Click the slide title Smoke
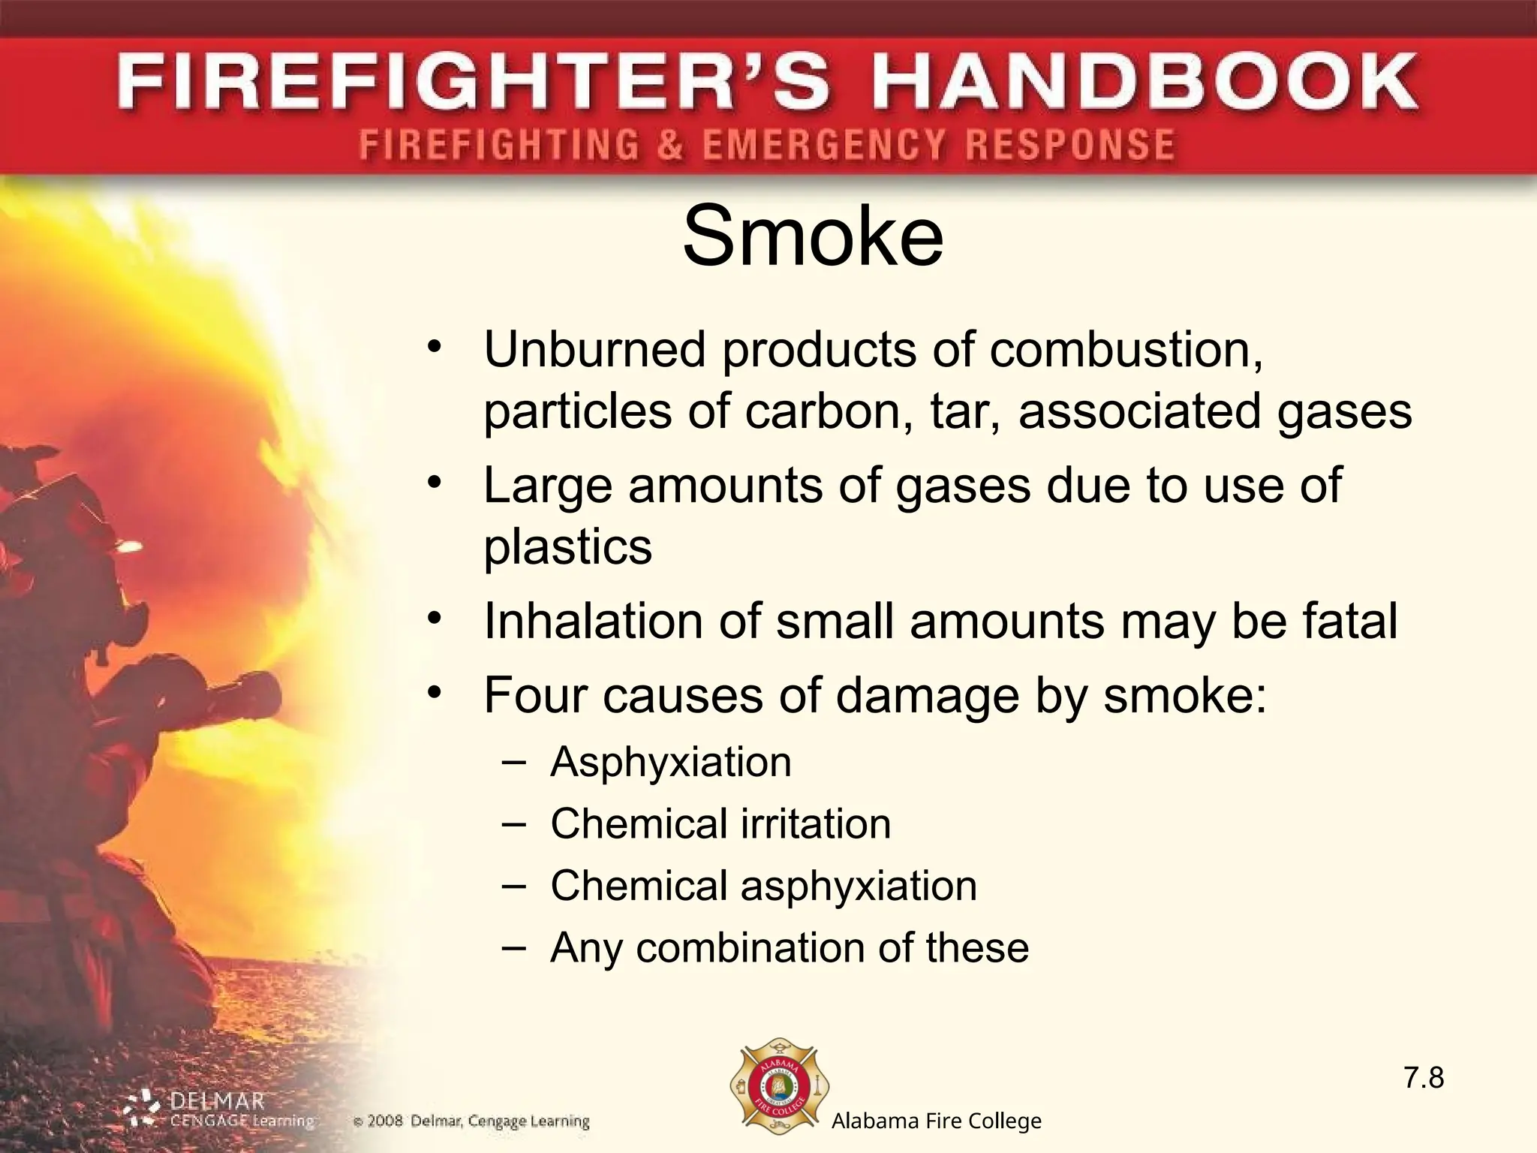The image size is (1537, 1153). click(813, 237)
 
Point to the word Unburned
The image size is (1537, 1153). click(595, 350)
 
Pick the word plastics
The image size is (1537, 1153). click(568, 546)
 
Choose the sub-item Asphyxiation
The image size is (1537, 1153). click(671, 762)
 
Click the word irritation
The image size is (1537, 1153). click(816, 823)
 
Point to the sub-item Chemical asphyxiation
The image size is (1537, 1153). click(763, 886)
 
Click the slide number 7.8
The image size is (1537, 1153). click(1424, 1079)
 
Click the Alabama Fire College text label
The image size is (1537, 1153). click(936, 1121)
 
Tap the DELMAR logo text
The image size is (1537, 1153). click(218, 1102)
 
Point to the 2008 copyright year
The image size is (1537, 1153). click(385, 1122)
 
